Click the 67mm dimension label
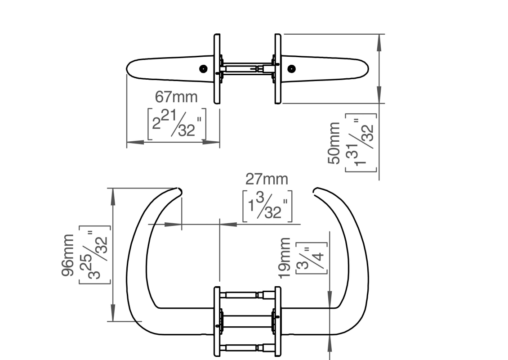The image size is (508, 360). pyautogui.click(x=176, y=97)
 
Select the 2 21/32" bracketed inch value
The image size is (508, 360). pyautogui.click(x=177, y=124)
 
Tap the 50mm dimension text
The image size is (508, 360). pyautogui.click(x=334, y=143)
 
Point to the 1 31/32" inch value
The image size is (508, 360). pyautogui.click(x=361, y=143)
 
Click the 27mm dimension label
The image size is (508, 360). pyautogui.click(x=267, y=179)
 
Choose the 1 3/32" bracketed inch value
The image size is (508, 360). pyautogui.click(x=267, y=206)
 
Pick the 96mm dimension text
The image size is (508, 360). pyautogui.click(x=67, y=255)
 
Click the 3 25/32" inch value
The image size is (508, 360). pyautogui.click(x=94, y=255)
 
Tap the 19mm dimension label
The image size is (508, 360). pyautogui.click(x=285, y=258)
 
